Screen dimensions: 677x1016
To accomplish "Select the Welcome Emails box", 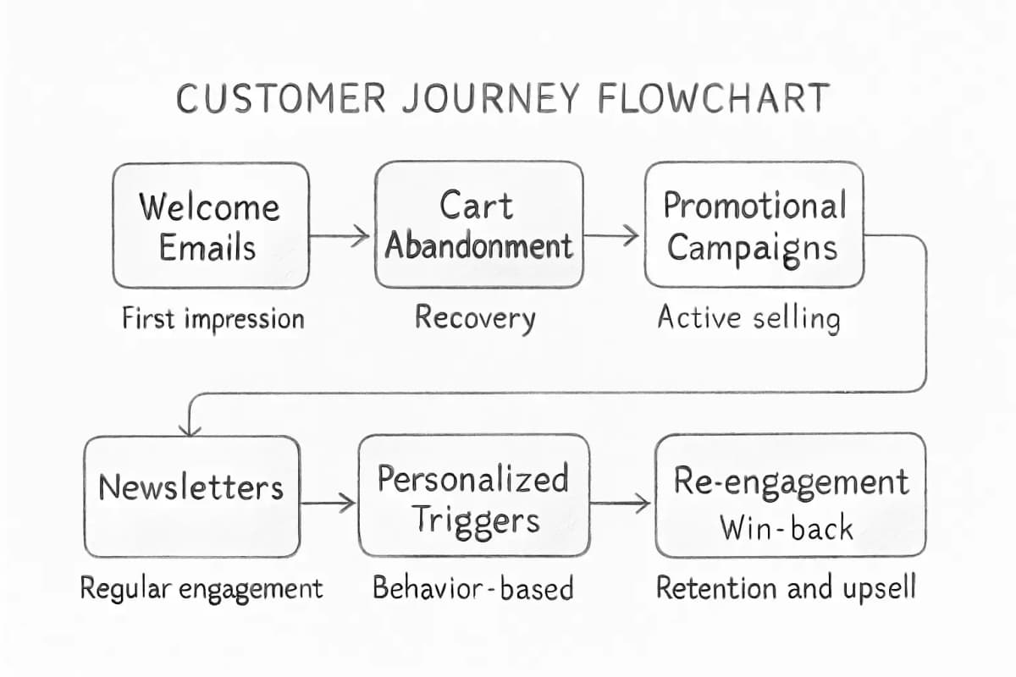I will [210, 225].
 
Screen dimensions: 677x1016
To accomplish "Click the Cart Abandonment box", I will [478, 225].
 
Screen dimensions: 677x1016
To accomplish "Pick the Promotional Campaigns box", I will [754, 225].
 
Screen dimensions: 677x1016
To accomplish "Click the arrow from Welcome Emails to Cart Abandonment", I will [340, 236].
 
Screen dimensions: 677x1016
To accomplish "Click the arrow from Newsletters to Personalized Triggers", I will [329, 504].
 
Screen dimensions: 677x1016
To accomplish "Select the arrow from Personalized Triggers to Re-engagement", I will [621, 504].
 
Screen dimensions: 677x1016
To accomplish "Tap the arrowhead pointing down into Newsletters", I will [190, 428].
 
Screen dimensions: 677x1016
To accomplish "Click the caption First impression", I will [213, 319].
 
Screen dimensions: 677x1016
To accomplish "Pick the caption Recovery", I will [475, 319].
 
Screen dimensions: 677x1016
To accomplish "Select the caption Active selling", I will [748, 319].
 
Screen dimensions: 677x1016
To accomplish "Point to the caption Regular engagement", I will [202, 588].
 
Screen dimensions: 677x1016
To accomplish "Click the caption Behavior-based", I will [472, 588].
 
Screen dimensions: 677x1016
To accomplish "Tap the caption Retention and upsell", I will [786, 588].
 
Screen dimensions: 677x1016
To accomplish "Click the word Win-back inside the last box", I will [787, 527].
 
